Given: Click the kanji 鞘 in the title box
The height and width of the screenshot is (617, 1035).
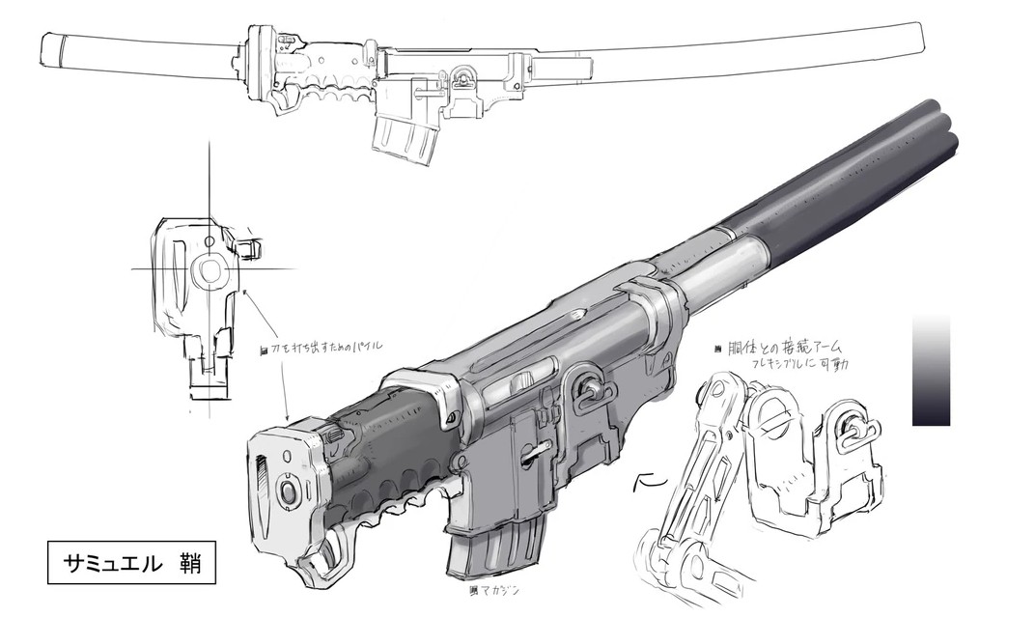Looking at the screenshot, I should click(x=188, y=564).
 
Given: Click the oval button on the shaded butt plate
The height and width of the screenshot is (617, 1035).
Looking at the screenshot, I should click(x=287, y=491).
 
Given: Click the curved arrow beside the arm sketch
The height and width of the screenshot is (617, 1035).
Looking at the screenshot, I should click(x=645, y=478).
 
